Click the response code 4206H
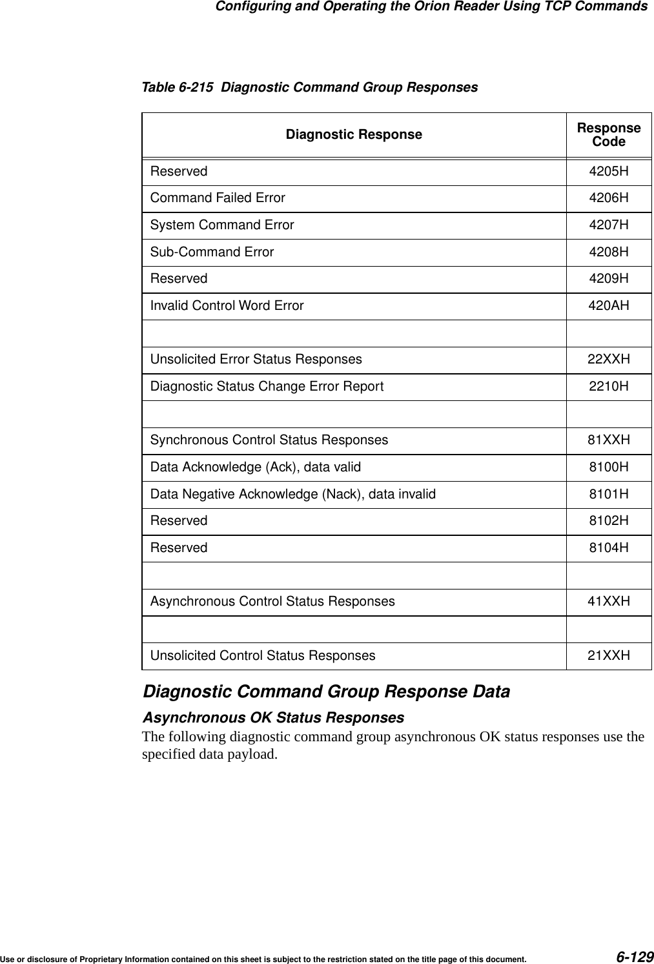(x=608, y=198)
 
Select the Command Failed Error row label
(x=218, y=198)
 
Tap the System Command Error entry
(x=222, y=225)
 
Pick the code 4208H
(x=608, y=252)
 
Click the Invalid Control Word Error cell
(x=227, y=305)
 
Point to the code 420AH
(x=608, y=305)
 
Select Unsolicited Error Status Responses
(x=256, y=359)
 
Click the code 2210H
(x=608, y=386)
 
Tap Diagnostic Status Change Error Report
(x=267, y=386)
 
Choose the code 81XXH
(x=608, y=440)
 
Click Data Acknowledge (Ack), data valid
(x=256, y=467)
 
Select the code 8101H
(x=608, y=494)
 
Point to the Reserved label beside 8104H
(x=179, y=548)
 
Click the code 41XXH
(x=608, y=601)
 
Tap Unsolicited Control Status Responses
(x=263, y=655)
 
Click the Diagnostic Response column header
(x=354, y=134)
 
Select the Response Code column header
(x=608, y=134)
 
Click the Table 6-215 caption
(x=310, y=87)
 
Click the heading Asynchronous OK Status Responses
(x=273, y=717)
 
